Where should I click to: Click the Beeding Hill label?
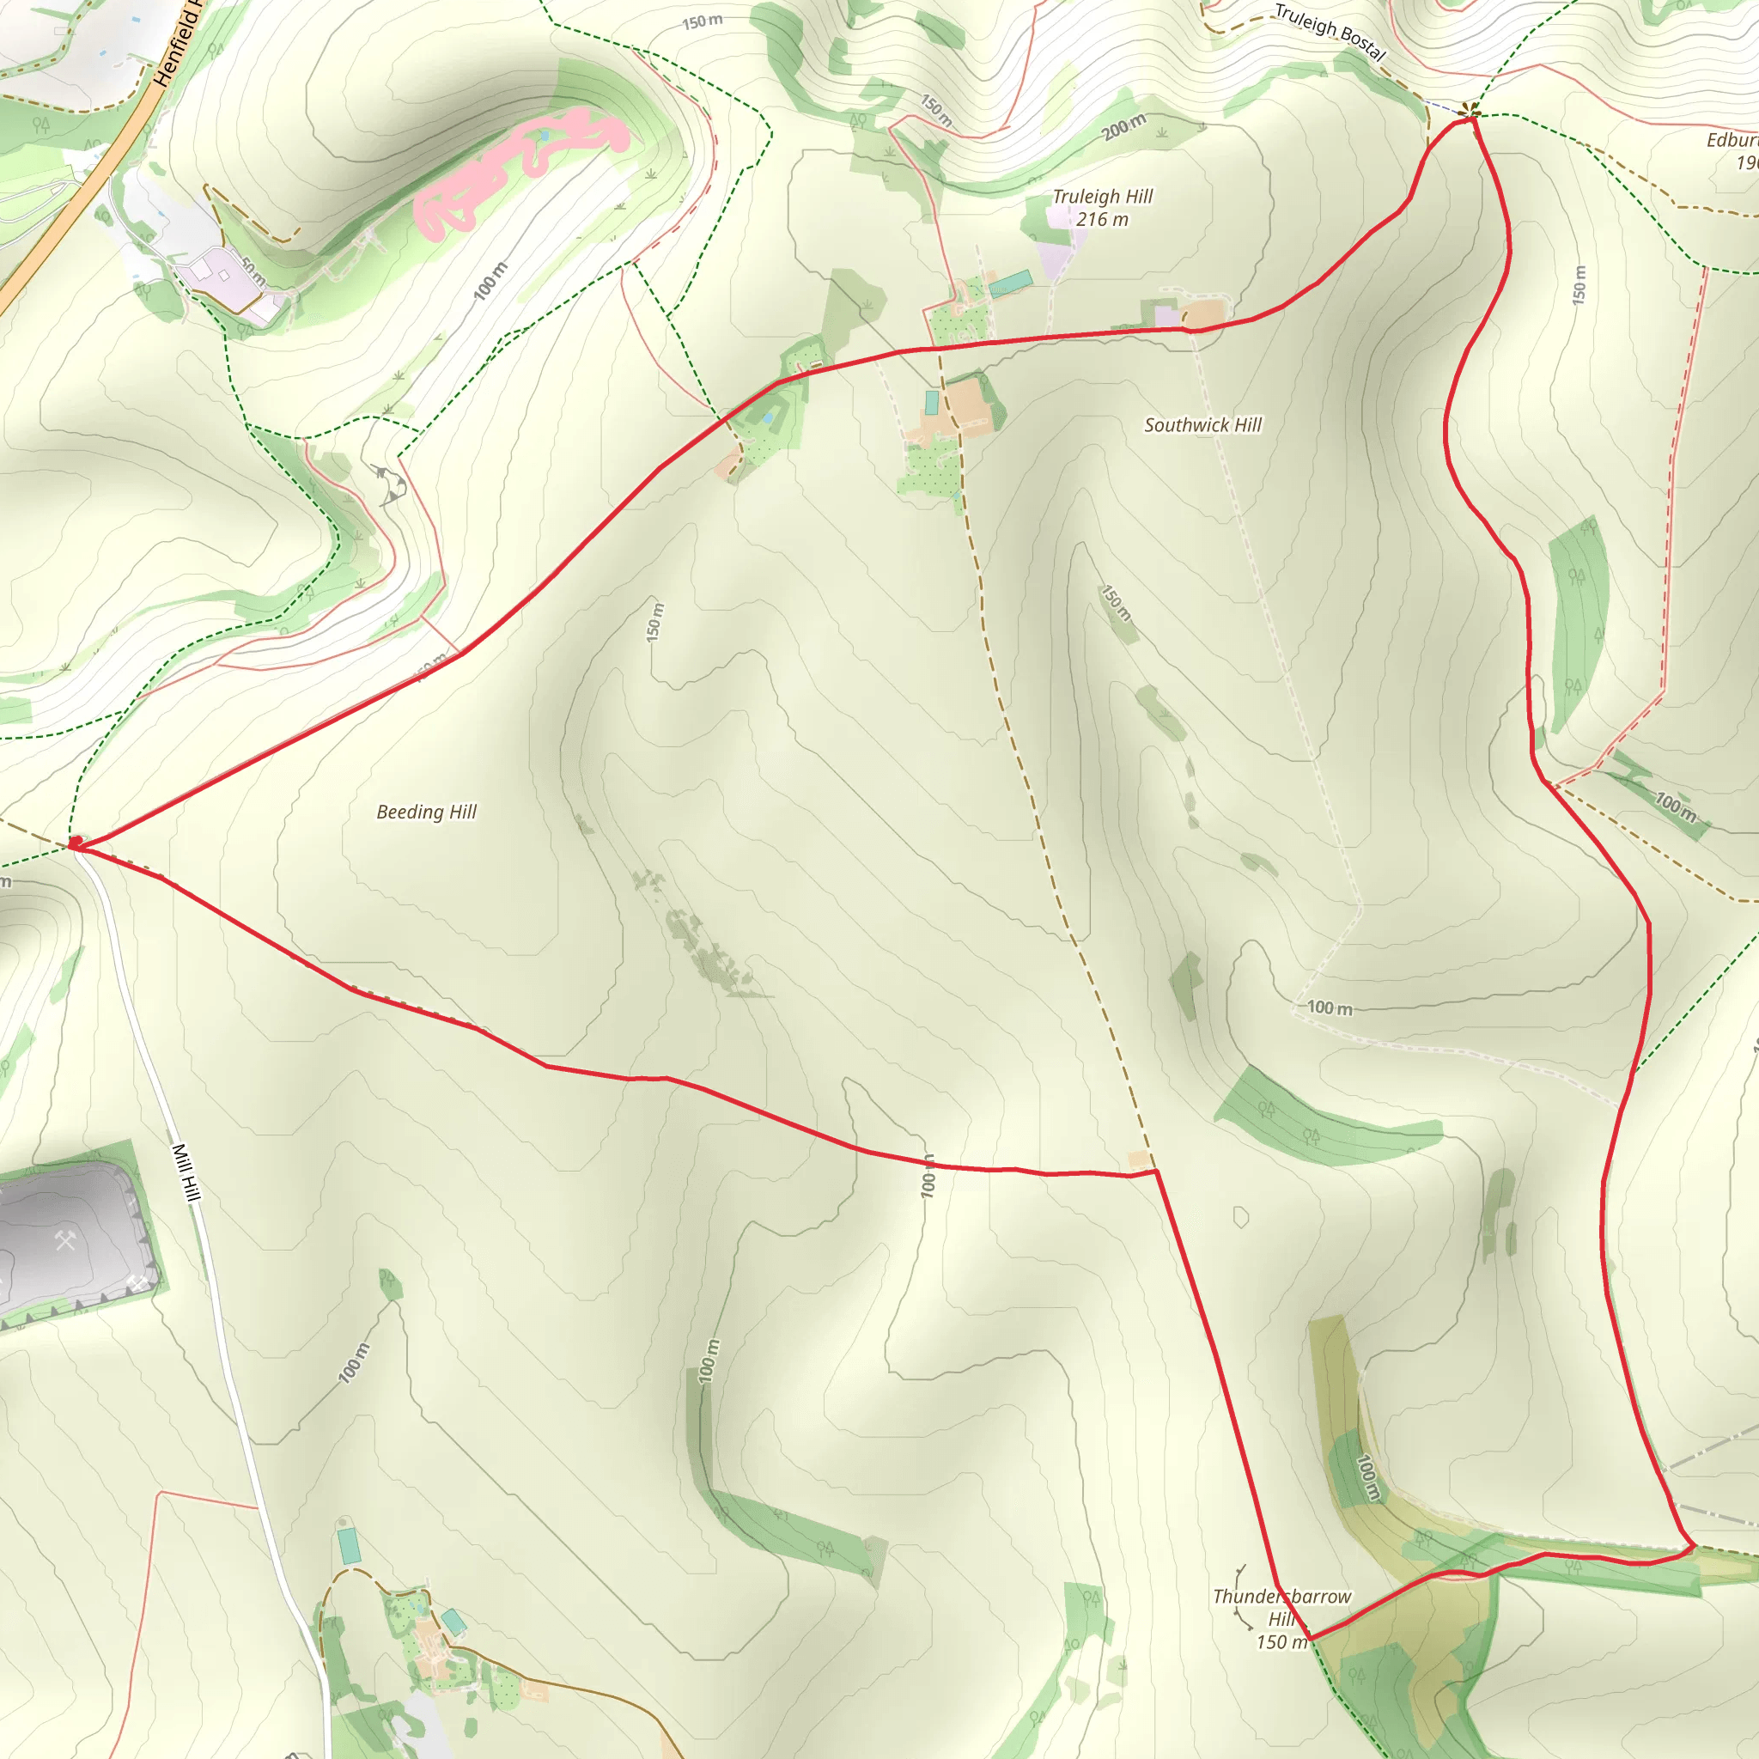click(x=426, y=811)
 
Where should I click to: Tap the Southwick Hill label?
click(x=1202, y=425)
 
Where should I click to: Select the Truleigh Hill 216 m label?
click(x=1103, y=208)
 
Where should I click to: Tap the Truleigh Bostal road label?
click(x=1330, y=32)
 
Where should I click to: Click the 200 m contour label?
click(x=1124, y=127)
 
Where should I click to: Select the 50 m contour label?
click(x=253, y=271)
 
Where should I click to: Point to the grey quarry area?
click(x=73, y=1239)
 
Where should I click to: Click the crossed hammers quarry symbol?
click(x=65, y=1241)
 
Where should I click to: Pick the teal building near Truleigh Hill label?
click(x=1011, y=283)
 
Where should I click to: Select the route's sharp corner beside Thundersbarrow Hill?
click(x=1311, y=1639)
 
